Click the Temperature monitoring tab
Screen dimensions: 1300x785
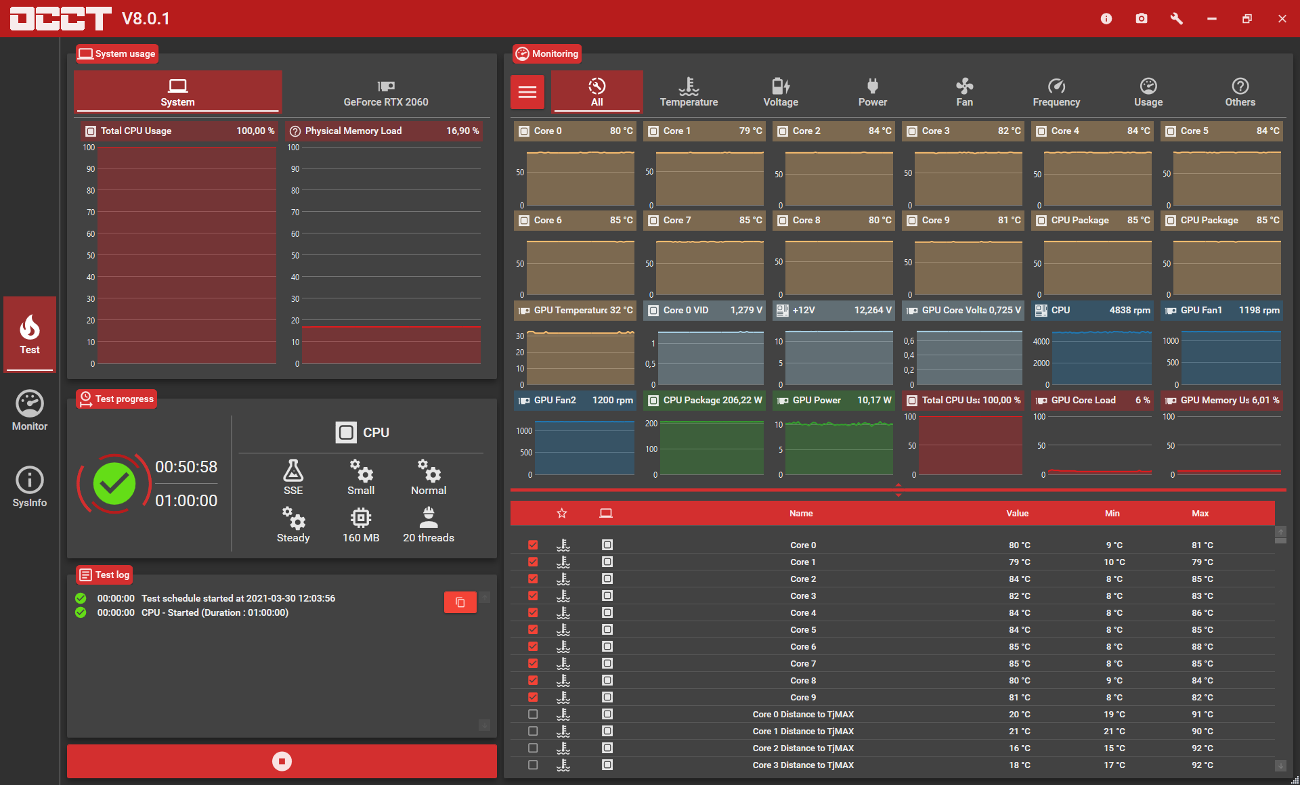pyautogui.click(x=689, y=92)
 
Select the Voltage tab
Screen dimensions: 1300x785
pyautogui.click(x=781, y=92)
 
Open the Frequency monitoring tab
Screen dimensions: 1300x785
pyautogui.click(x=1056, y=92)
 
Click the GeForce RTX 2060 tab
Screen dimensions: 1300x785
pyautogui.click(x=386, y=92)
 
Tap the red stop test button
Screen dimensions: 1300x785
pyautogui.click(x=282, y=761)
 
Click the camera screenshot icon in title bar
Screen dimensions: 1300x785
pyautogui.click(x=1142, y=18)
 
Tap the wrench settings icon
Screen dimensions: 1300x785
pyautogui.click(x=1177, y=18)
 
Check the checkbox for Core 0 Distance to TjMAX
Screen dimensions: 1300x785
pyautogui.click(x=533, y=714)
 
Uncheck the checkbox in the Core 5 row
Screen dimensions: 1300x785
pyautogui.click(x=533, y=629)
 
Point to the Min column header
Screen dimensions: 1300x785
pyautogui.click(x=1112, y=513)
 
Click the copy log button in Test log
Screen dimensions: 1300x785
pyautogui.click(x=460, y=602)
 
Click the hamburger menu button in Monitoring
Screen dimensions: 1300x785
pyautogui.click(x=527, y=92)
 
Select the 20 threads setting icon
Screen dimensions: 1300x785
pyautogui.click(x=429, y=518)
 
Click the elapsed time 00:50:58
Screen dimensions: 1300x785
pyautogui.click(x=186, y=467)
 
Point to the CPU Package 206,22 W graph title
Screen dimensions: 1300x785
pyautogui.click(x=704, y=400)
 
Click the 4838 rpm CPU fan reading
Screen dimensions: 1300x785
pyautogui.click(x=1129, y=310)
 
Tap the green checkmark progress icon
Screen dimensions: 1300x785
pyautogui.click(x=114, y=484)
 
